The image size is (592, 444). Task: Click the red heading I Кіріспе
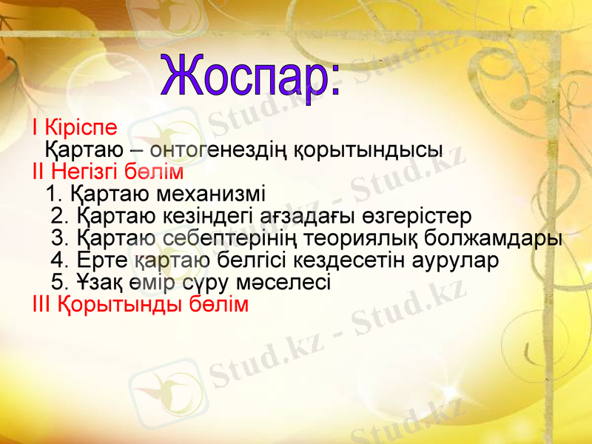pos(74,127)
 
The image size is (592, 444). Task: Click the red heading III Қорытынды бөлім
pos(141,304)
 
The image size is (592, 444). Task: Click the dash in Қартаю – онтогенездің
pos(137,149)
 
